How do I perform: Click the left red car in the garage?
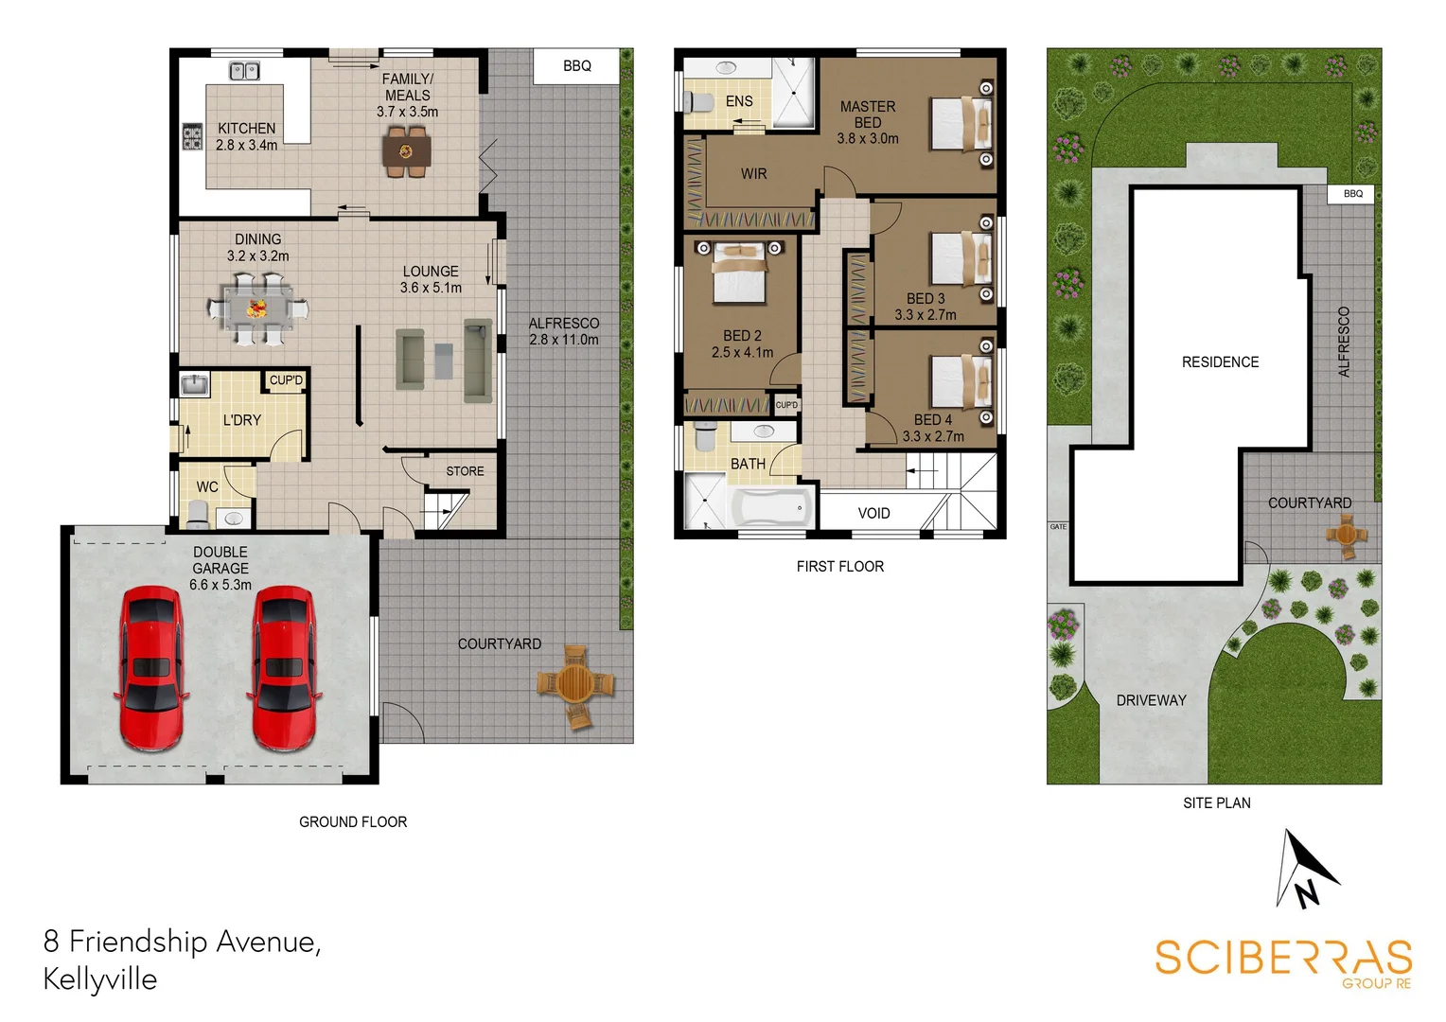click(x=150, y=668)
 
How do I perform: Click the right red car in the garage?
click(x=284, y=668)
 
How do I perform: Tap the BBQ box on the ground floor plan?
click(x=576, y=66)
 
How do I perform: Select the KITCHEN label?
click(x=246, y=129)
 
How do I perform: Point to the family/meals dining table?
click(x=407, y=151)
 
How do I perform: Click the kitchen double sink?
click(x=244, y=71)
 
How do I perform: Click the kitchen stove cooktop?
click(x=192, y=137)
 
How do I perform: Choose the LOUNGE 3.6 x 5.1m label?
click(x=431, y=279)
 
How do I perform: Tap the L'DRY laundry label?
click(x=242, y=420)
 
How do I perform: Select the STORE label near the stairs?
click(x=465, y=471)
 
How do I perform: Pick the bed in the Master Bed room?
click(x=961, y=124)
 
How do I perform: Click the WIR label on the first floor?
click(x=753, y=174)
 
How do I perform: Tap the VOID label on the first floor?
click(x=873, y=514)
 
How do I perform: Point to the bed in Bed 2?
click(x=739, y=274)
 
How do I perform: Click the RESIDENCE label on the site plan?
click(x=1220, y=362)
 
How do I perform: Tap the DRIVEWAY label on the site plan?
click(x=1151, y=700)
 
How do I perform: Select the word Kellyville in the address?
click(x=100, y=978)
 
